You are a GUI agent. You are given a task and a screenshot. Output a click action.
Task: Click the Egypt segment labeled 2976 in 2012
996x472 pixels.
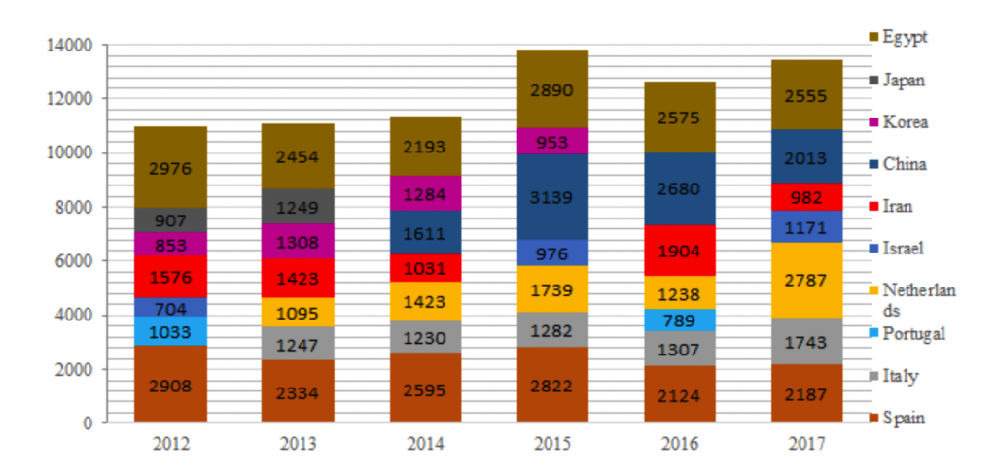170,167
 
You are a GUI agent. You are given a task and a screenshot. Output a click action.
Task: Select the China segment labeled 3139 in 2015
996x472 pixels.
552,196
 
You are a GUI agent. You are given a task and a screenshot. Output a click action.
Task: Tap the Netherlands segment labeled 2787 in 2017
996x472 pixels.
806,280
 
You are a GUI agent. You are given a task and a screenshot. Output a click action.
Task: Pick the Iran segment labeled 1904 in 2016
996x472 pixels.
679,251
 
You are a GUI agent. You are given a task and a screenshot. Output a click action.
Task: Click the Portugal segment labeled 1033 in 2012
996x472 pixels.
170,330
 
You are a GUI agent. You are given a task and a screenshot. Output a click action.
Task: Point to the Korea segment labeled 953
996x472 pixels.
552,141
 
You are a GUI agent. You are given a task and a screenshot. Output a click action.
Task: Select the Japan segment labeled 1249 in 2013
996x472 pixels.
298,206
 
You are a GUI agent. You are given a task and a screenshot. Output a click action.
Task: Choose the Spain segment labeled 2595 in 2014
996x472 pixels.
425,388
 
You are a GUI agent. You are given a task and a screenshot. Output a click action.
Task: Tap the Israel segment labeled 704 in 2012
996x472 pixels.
170,307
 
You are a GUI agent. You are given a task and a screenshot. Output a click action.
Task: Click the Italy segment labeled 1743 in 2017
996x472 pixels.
806,341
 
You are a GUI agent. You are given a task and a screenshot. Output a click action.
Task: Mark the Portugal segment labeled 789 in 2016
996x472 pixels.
679,320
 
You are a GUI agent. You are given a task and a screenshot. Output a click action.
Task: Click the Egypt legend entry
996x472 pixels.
905,37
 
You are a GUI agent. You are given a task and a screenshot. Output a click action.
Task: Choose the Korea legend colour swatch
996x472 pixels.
874,122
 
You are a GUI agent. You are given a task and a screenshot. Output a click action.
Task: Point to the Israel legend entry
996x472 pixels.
904,249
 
